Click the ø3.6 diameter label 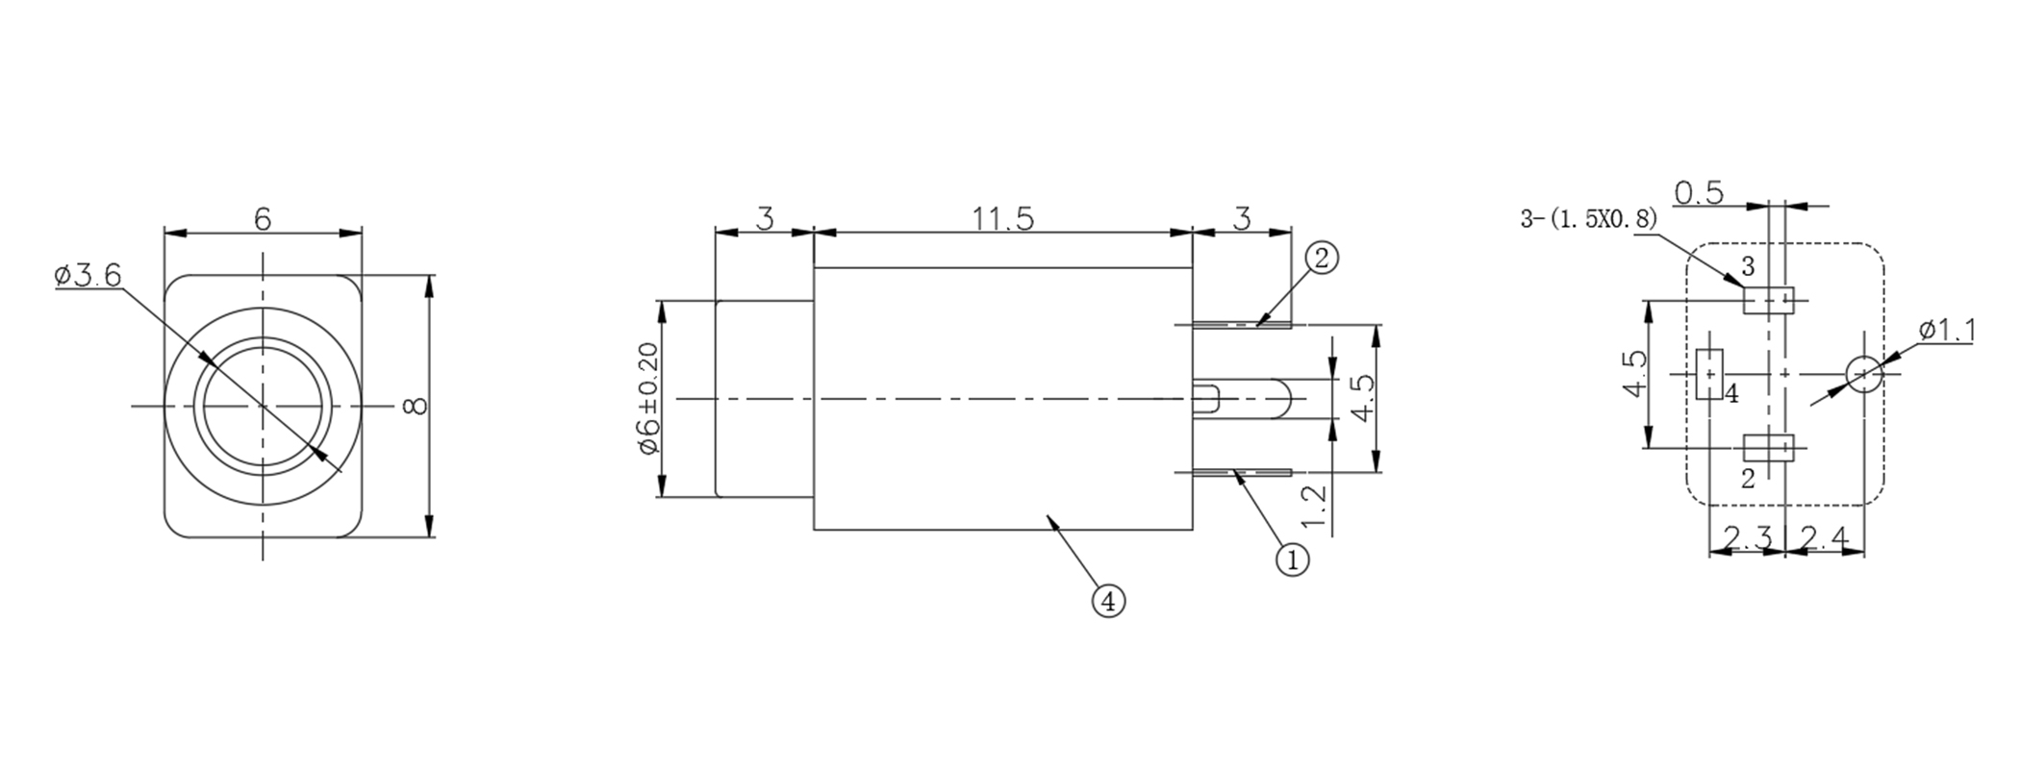tap(88, 277)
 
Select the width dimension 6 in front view tap(263, 219)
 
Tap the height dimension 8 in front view tap(416, 406)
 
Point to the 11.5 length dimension tap(1001, 219)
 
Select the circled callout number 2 tap(1322, 259)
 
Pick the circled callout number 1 tap(1292, 558)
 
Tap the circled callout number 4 tap(1108, 602)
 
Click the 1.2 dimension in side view tap(1314, 509)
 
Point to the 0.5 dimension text tap(1699, 193)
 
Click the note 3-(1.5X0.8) tap(1588, 219)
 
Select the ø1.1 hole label tap(1947, 332)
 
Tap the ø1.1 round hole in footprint tap(1863, 373)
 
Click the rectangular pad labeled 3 tap(1769, 300)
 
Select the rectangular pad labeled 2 tap(1769, 447)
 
